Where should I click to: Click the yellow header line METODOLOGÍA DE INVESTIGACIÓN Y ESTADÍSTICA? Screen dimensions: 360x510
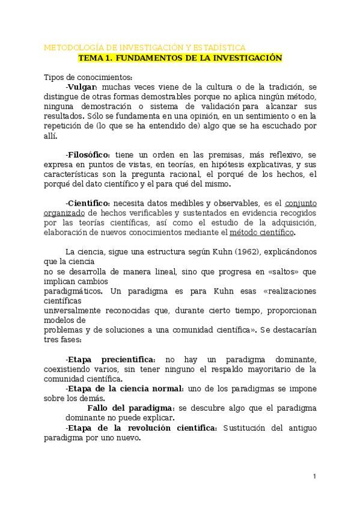click(144, 48)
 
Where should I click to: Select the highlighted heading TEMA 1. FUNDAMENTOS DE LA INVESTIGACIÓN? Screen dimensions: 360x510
click(180, 58)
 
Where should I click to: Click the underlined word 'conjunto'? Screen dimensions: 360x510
click(300, 203)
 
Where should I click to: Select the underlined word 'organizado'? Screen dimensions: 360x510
click(64, 212)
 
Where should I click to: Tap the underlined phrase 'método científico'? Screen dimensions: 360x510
click(262, 232)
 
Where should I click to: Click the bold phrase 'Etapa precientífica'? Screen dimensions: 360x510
click(111, 359)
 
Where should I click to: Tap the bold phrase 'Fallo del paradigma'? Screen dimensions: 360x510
click(131, 408)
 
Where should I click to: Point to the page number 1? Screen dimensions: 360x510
click(314, 476)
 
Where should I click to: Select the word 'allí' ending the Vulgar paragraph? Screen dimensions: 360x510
click(50, 136)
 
